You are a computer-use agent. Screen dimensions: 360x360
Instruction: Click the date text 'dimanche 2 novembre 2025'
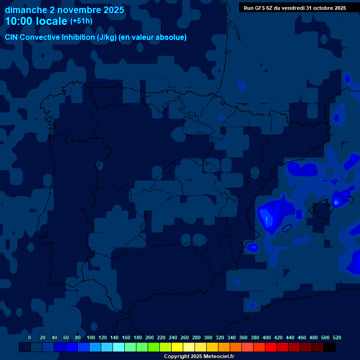64,10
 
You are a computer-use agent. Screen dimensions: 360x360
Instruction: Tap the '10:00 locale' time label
36,21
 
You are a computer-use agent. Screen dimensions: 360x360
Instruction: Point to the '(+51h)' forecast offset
81,21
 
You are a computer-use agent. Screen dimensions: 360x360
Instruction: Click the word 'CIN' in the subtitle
11,37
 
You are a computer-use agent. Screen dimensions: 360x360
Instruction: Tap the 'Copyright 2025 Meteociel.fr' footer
199,356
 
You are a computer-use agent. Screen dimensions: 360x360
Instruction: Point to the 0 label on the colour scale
30,337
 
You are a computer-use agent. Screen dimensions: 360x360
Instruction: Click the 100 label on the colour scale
91,337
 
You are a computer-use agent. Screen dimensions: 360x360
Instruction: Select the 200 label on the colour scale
150,337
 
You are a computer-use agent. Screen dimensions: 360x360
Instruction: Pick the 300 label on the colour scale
208,337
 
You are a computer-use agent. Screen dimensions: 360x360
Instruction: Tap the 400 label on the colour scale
267,337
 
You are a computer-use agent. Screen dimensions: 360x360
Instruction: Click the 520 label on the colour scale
337,337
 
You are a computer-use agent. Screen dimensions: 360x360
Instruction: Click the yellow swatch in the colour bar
177,347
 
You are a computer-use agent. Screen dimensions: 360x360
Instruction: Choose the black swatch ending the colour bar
330,347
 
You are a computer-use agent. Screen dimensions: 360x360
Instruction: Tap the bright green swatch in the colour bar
154,347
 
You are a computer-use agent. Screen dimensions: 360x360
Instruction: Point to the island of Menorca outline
347,199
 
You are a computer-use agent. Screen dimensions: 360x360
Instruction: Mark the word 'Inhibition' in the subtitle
80,37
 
